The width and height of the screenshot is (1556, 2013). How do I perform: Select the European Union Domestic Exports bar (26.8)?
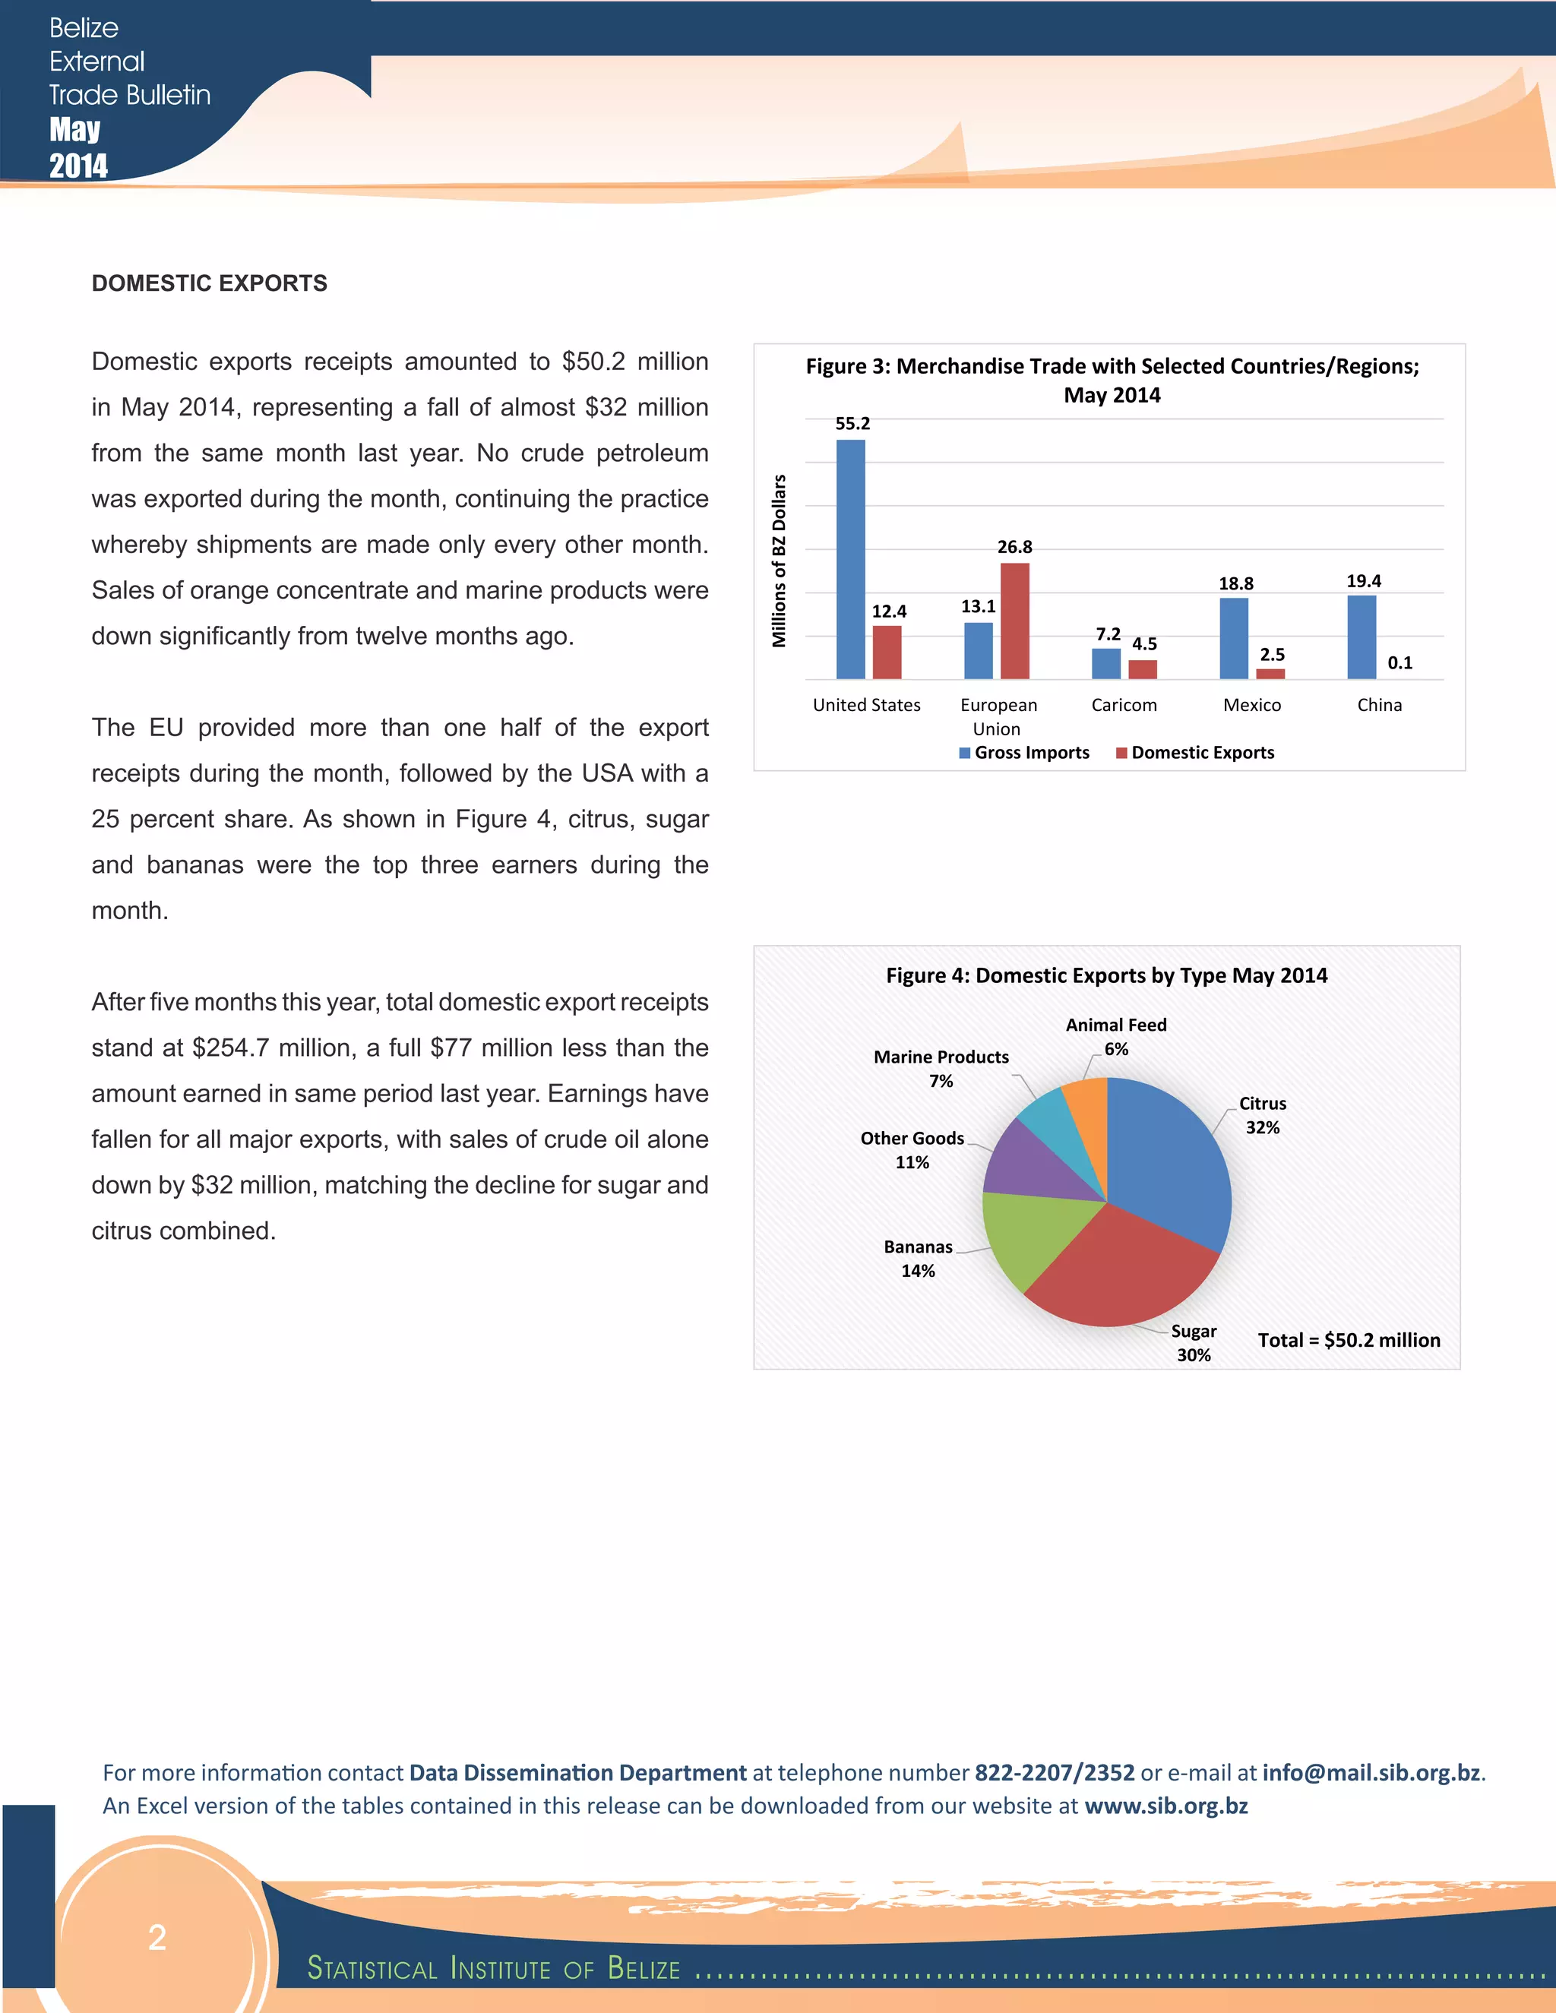1014,621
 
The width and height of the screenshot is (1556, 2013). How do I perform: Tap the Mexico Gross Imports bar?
1233,638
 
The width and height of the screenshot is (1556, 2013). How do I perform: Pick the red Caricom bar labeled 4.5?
1142,669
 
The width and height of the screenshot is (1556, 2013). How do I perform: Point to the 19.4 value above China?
1363,580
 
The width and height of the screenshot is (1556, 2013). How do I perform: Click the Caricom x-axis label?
1124,705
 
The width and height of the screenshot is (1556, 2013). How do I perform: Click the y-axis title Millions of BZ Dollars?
779,561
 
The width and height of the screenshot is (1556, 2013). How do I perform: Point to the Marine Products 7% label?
941,1068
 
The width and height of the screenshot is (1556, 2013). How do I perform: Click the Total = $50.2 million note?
1349,1340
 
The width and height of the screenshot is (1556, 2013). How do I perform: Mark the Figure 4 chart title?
1106,975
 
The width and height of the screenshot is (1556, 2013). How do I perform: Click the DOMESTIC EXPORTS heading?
209,283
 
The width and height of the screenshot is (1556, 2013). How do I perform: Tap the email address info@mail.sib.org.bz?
1371,1772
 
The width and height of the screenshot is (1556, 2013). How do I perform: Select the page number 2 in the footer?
157,1938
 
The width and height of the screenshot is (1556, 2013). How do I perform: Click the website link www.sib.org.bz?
1165,1806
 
